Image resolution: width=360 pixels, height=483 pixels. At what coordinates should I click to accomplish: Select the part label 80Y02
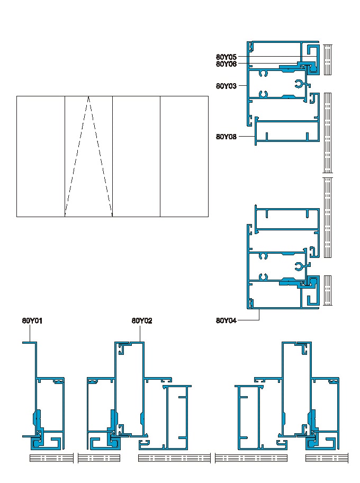(142, 320)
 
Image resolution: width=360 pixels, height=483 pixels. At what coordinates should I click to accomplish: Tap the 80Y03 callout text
(226, 85)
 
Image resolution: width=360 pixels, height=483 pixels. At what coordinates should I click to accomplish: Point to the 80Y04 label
(226, 320)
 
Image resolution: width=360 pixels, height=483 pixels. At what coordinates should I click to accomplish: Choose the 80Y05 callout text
(226, 57)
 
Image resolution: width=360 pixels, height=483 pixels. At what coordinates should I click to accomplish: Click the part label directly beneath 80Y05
(226, 64)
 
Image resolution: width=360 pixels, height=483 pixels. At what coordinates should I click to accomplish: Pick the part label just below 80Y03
(226, 137)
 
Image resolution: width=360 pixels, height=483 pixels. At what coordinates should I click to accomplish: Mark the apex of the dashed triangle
(88, 97)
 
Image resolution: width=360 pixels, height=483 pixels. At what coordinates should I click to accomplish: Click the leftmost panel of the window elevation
(41, 156)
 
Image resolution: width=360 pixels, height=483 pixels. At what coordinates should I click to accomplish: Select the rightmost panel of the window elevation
(184, 156)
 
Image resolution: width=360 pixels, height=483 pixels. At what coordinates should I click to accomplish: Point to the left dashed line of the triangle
(77, 156)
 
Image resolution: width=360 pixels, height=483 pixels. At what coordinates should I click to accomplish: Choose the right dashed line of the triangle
(101, 156)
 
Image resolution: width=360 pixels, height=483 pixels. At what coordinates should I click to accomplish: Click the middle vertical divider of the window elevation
(113, 156)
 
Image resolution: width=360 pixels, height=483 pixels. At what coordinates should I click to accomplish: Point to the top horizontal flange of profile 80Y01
(29, 343)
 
